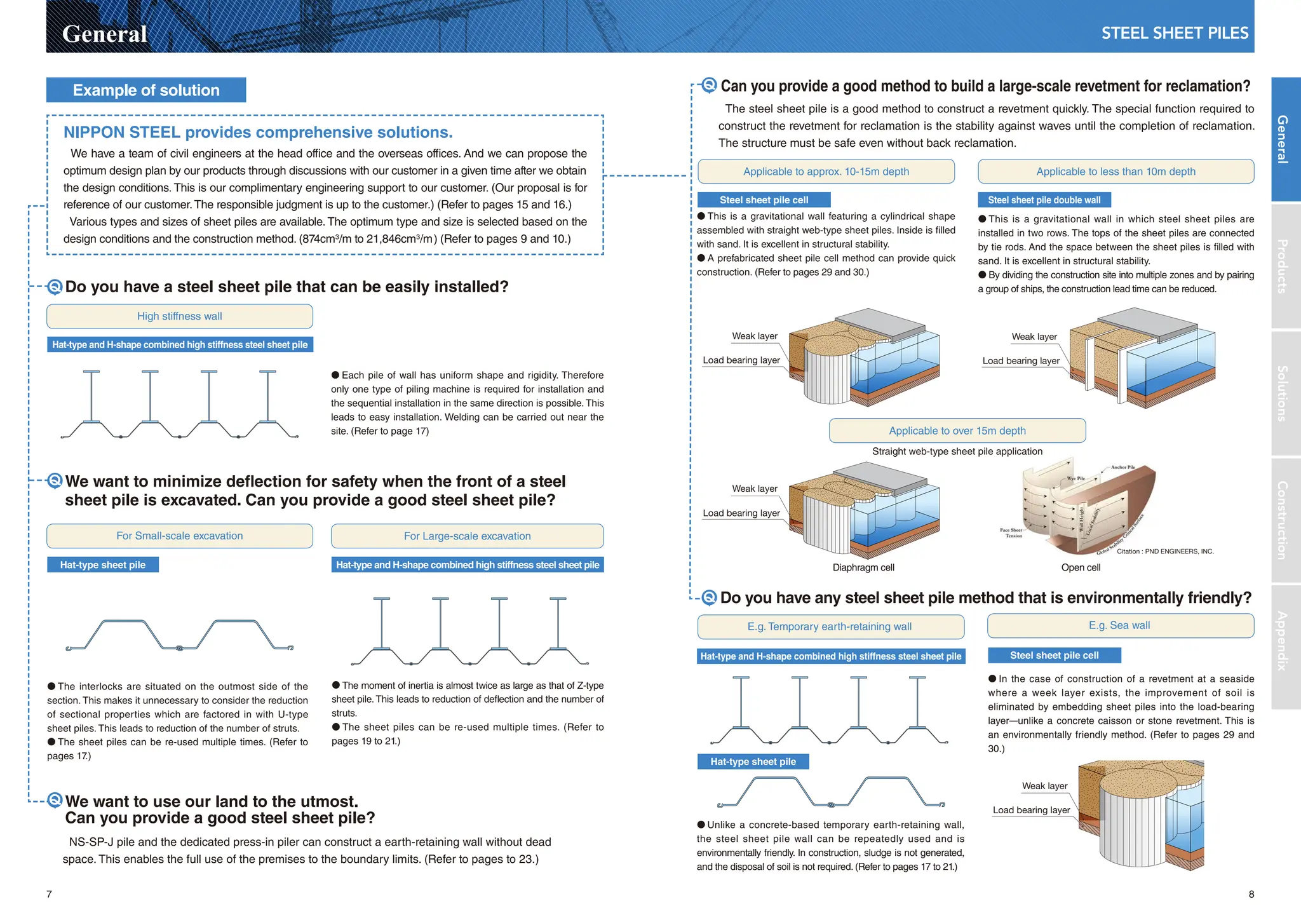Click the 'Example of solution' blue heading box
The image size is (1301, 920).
pyautogui.click(x=146, y=90)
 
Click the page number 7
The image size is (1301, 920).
pyautogui.click(x=49, y=894)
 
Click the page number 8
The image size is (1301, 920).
pyautogui.click(x=1251, y=894)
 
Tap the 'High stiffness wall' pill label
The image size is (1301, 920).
pyautogui.click(x=180, y=316)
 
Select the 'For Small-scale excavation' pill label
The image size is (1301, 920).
pyautogui.click(x=180, y=536)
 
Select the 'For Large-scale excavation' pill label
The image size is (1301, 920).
pyautogui.click(x=467, y=536)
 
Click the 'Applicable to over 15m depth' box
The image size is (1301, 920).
pyautogui.click(x=957, y=431)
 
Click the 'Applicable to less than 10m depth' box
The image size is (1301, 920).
pyautogui.click(x=1116, y=172)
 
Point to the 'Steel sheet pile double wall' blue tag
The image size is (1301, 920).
pyautogui.click(x=1044, y=200)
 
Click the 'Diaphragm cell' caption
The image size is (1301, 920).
pyautogui.click(x=863, y=567)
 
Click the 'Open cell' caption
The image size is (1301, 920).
pyautogui.click(x=1080, y=567)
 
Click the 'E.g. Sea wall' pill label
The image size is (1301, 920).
pyautogui.click(x=1119, y=625)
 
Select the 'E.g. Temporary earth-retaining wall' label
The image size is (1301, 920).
pyautogui.click(x=829, y=626)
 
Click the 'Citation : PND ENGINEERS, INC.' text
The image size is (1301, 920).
pyautogui.click(x=1164, y=551)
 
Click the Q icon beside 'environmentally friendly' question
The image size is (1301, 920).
pyautogui.click(x=709, y=597)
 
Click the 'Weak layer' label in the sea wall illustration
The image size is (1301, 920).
pyautogui.click(x=1044, y=786)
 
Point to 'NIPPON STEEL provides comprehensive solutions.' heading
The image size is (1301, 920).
pyautogui.click(x=257, y=132)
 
